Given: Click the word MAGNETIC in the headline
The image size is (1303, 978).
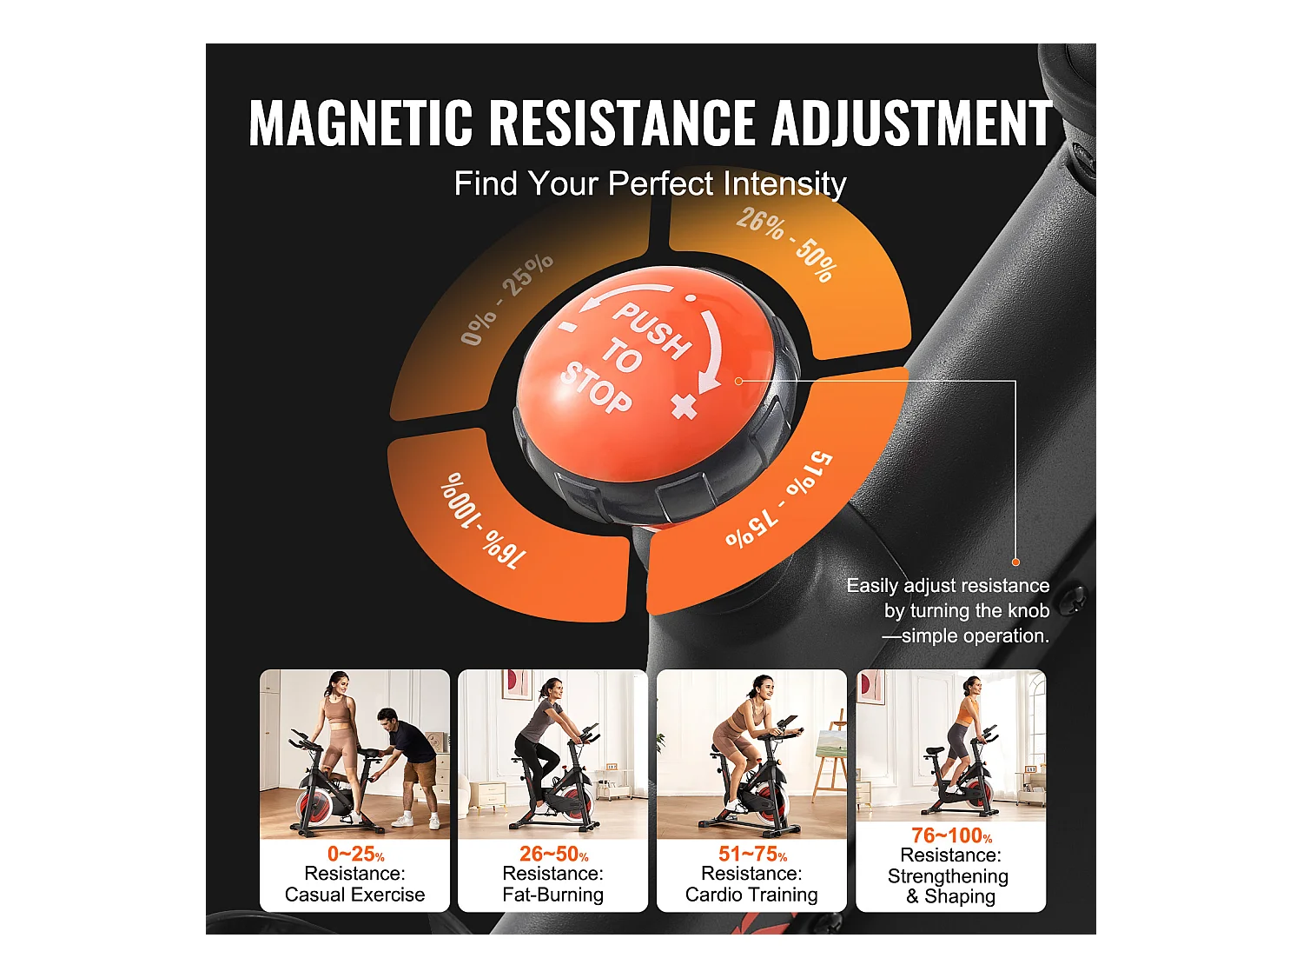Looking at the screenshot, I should click(x=360, y=123).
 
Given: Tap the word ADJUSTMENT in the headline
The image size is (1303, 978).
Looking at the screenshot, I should click(x=911, y=123).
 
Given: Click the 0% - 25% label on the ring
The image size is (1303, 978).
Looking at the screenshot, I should click(x=506, y=298).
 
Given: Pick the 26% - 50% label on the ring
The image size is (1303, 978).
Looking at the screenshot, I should click(x=786, y=244).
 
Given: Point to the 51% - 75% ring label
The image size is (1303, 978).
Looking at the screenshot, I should click(x=779, y=500).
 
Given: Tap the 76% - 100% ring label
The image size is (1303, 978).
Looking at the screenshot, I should click(x=483, y=519).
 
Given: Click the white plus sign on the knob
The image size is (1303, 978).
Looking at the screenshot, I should click(x=685, y=405).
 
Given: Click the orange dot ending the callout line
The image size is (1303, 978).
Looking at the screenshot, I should click(x=1015, y=562).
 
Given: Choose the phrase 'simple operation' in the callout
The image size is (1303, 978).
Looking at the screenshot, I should click(x=975, y=636).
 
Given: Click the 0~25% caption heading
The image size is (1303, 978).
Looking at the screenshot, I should click(x=355, y=855).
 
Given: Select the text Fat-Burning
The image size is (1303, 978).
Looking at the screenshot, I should click(x=552, y=895).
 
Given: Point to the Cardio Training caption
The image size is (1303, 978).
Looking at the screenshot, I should click(x=751, y=895).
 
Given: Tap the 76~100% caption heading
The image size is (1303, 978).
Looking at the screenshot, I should click(x=951, y=836).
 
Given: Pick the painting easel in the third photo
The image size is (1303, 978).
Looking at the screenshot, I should click(x=831, y=755).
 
